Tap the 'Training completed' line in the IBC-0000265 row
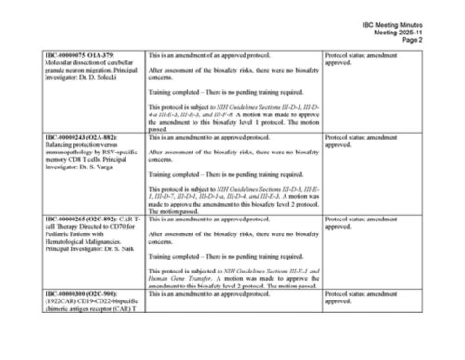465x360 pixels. [215, 255]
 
